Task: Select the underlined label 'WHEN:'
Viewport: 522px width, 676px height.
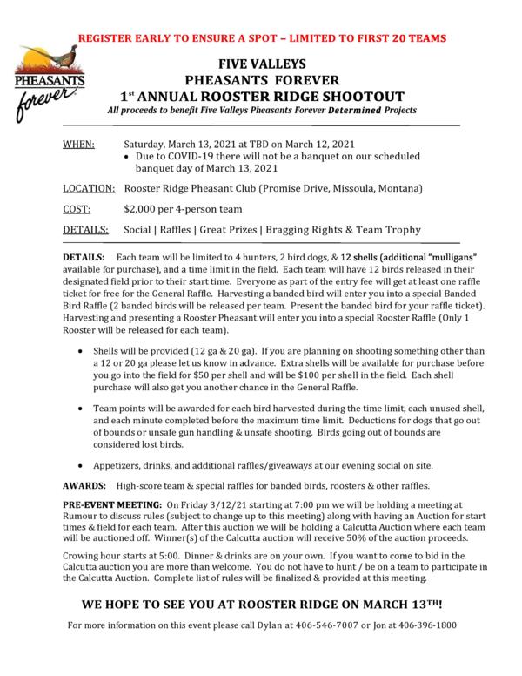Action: pyautogui.click(x=80, y=145)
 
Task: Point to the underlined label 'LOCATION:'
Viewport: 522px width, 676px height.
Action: pyautogui.click(x=90, y=188)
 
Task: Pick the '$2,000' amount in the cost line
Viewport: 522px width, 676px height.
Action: pyautogui.click(x=143, y=210)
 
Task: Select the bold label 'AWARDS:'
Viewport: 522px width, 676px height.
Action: pyautogui.click(x=87, y=485)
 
